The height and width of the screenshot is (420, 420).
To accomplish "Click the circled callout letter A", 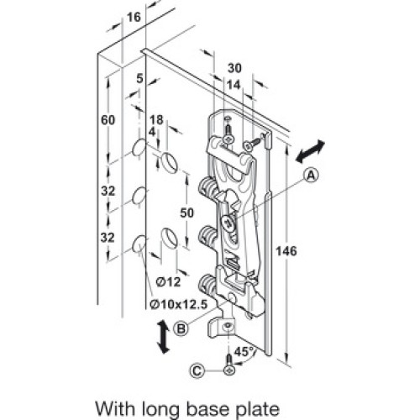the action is click(x=312, y=176).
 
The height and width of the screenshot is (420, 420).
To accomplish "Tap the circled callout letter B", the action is click(x=181, y=328).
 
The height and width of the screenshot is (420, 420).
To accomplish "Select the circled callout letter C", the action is click(x=197, y=371).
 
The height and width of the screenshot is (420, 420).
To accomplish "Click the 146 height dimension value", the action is click(x=286, y=251).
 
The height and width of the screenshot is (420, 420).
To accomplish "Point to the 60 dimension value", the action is click(x=108, y=120).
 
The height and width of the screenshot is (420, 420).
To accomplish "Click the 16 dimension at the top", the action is click(x=134, y=18).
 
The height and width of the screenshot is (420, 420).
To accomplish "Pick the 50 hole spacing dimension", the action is click(x=186, y=213).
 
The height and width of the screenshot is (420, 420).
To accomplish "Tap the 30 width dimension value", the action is click(x=234, y=68).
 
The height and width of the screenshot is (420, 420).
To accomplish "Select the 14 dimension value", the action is click(x=234, y=85).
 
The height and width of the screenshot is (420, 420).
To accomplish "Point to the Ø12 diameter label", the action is click(x=169, y=282).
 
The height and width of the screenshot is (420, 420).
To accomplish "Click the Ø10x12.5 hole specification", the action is click(x=179, y=304).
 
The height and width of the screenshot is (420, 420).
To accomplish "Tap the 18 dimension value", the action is click(x=156, y=120).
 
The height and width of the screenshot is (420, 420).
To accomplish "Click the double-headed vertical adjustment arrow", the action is click(x=163, y=338).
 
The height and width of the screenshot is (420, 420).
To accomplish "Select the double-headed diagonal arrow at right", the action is click(x=310, y=152).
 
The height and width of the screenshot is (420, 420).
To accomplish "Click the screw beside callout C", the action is click(x=229, y=365).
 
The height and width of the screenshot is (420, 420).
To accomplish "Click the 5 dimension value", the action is click(x=139, y=79).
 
